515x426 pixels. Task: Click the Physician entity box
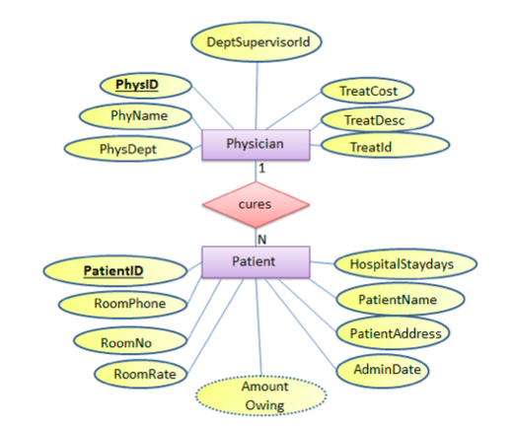click(x=255, y=146)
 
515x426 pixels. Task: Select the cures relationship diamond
click(x=256, y=204)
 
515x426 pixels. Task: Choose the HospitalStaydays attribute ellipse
click(x=407, y=264)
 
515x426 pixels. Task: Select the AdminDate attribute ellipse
click(x=392, y=370)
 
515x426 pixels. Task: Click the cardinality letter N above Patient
click(x=261, y=238)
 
